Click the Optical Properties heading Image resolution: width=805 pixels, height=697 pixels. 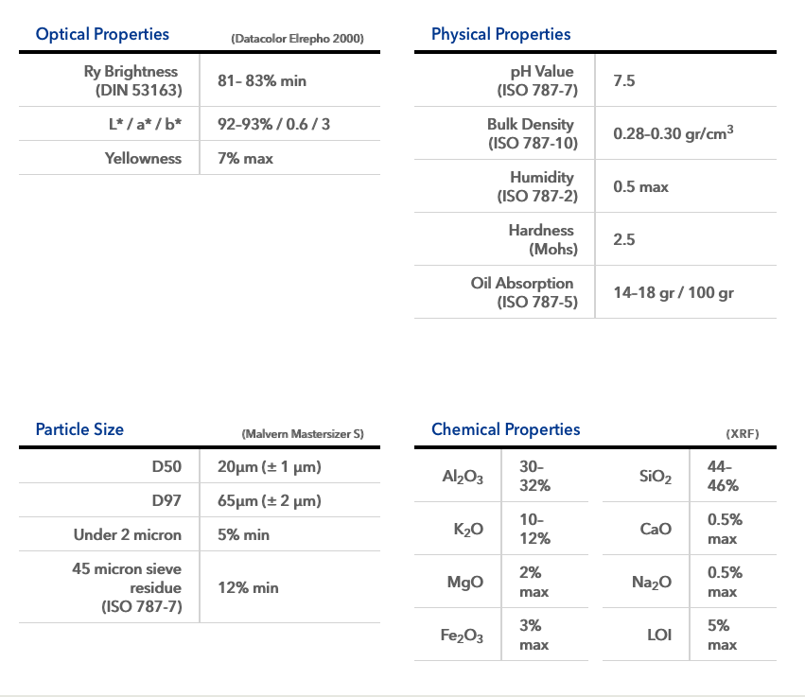(x=102, y=34)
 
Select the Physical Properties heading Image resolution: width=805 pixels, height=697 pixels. (x=500, y=34)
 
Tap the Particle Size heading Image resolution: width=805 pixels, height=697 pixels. (x=79, y=429)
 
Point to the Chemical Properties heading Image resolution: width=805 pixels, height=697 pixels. (x=505, y=429)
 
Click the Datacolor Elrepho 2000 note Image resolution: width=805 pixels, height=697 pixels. (x=297, y=39)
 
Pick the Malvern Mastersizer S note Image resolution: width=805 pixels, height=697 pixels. (x=303, y=434)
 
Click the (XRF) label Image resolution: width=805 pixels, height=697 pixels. (x=743, y=434)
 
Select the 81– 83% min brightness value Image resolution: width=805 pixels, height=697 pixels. (x=262, y=81)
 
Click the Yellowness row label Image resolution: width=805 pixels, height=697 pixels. (x=143, y=158)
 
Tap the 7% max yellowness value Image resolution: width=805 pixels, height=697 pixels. (x=245, y=158)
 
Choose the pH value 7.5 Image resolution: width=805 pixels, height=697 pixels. (x=624, y=81)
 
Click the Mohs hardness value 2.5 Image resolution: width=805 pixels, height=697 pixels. (x=624, y=240)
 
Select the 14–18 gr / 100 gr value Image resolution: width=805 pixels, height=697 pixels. (x=674, y=293)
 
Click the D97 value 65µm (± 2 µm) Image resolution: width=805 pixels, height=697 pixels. (x=270, y=500)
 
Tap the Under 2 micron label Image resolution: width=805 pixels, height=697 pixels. (x=128, y=534)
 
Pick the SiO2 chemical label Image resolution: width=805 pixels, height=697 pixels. (x=656, y=477)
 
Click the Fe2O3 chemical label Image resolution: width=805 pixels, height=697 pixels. (x=462, y=636)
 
